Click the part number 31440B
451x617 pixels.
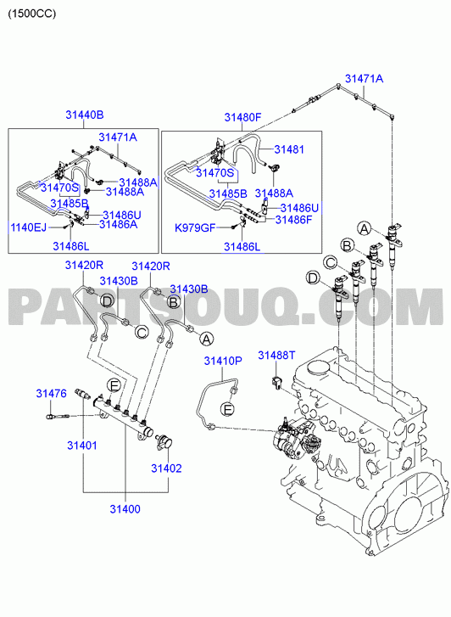pos(84,115)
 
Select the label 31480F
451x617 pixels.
pos(242,117)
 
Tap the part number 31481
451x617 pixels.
pos(289,149)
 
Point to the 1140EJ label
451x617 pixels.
pos(28,227)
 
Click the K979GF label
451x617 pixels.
pos(196,227)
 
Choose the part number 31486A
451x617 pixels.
pos(119,224)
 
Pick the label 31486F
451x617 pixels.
pos(293,220)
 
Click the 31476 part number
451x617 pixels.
pos(52,393)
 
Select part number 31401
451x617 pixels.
pos(81,446)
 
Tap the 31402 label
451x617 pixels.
pos(167,468)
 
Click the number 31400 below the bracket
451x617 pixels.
pos(125,508)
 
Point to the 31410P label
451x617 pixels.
pos(223,361)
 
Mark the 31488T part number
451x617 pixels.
pos(276,356)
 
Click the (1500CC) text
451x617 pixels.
pos(32,14)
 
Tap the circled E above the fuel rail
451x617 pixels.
pos(114,385)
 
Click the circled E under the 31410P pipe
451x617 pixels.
pos(227,409)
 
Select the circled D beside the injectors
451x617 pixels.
pos(313,278)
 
